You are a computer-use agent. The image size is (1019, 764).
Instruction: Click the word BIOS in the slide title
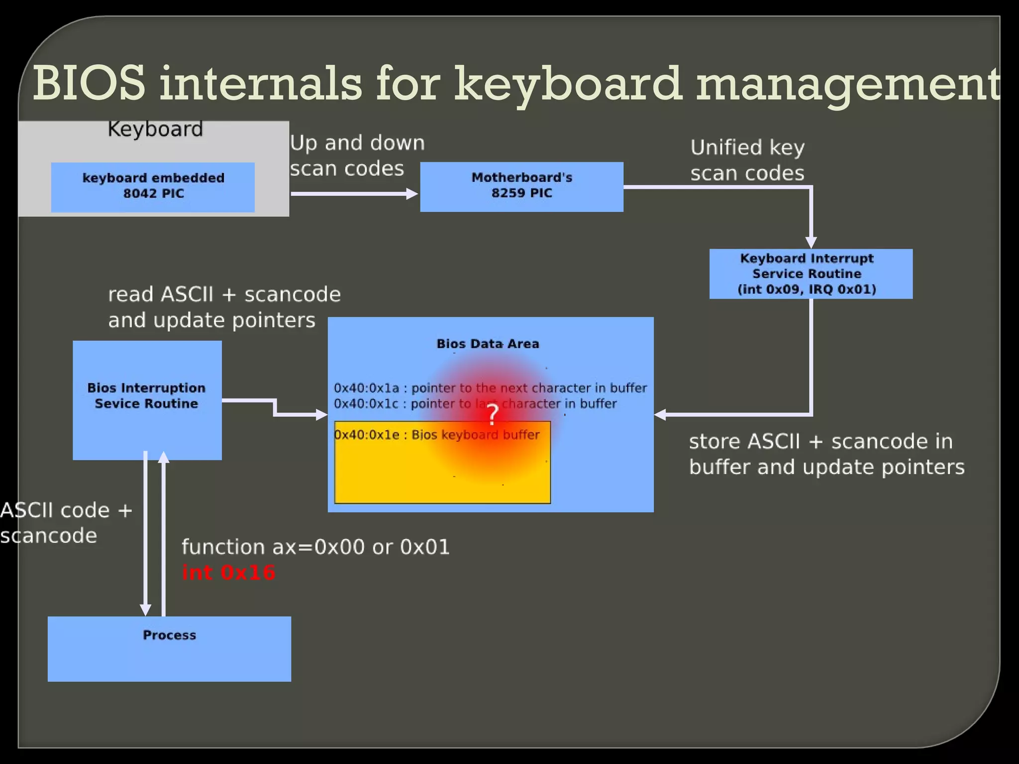(90, 84)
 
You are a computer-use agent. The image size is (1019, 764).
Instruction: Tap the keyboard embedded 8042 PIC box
(153, 187)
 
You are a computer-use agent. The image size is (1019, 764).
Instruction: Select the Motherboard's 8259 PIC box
(521, 187)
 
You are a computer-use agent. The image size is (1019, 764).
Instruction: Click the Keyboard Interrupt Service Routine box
(811, 274)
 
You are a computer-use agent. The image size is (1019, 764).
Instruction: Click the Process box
(169, 649)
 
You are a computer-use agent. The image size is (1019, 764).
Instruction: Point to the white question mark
(493, 414)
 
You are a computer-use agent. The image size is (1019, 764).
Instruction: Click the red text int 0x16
(228, 573)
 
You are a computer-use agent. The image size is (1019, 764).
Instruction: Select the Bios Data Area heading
(488, 344)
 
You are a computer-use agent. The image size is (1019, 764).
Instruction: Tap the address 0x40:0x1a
(366, 388)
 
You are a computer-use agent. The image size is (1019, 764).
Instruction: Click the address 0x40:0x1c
(366, 403)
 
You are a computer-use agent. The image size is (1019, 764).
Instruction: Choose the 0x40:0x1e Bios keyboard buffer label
(436, 435)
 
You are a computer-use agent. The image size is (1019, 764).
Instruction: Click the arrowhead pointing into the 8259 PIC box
(412, 193)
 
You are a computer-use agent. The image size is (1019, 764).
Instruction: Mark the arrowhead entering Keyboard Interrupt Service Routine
(811, 243)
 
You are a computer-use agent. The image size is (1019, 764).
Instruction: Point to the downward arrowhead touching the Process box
(145, 610)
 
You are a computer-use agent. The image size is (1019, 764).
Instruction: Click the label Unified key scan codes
(747, 160)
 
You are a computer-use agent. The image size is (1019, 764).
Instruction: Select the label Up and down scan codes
(357, 156)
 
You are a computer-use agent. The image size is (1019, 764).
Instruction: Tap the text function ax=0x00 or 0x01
(315, 547)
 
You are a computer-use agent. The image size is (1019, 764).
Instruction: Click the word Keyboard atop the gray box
(155, 129)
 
